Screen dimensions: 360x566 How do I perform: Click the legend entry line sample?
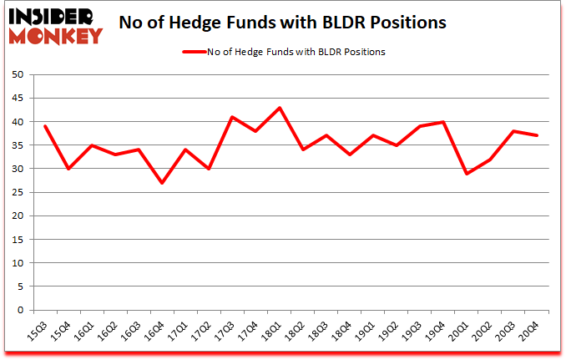click(195, 52)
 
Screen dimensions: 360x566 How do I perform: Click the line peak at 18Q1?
click(280, 108)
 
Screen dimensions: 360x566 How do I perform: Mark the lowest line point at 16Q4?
click(162, 183)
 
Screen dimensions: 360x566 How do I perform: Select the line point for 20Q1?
click(467, 174)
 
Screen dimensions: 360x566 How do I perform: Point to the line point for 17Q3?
click(233, 117)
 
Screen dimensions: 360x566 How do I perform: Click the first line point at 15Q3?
click(45, 126)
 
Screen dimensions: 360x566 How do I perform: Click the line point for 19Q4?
click(444, 122)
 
